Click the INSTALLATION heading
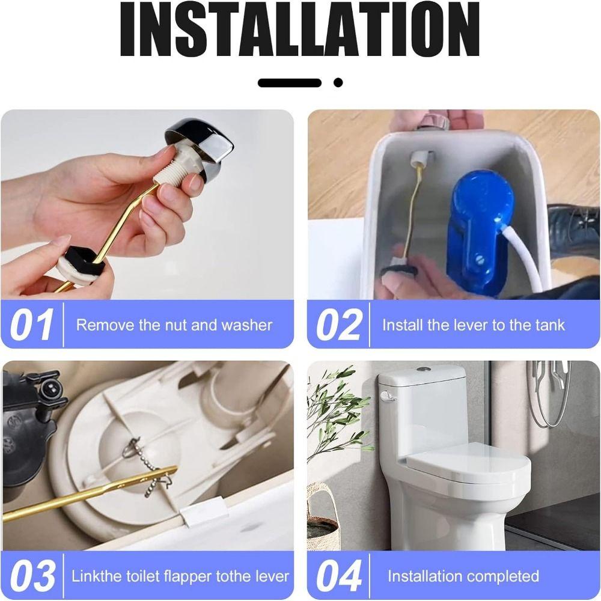coord(300,30)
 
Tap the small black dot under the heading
coord(338,82)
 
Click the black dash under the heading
coord(290,83)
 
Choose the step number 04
coord(340,576)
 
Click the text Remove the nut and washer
coord(174,325)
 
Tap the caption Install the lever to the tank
coord(473,325)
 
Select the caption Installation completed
coord(463,576)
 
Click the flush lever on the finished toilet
coord(385,395)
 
